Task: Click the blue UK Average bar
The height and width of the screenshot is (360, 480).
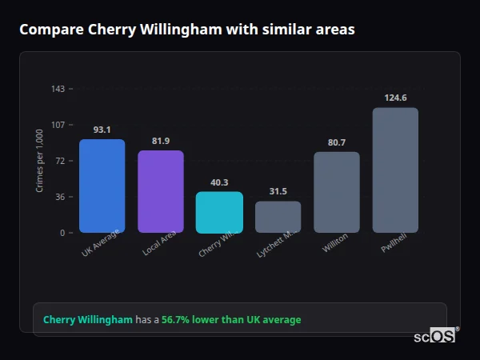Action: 102,186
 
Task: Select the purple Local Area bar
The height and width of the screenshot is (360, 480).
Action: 161,191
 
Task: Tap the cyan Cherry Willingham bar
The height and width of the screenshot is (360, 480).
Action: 219,212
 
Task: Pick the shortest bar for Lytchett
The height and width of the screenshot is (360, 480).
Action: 278,217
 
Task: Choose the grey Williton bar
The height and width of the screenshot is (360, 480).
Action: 337,192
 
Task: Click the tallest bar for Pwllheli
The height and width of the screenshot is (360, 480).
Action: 395,170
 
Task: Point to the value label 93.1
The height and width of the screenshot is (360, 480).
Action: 102,130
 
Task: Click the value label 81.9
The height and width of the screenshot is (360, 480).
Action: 161,141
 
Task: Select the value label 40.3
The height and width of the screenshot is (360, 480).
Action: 219,182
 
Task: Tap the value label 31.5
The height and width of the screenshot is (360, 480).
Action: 278,191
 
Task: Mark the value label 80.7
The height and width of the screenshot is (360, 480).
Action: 337,142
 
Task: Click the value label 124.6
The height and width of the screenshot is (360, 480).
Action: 395,98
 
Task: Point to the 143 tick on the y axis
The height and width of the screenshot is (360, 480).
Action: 58,89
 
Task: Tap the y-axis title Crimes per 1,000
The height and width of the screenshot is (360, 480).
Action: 40,161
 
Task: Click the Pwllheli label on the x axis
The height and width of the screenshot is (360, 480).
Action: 393,244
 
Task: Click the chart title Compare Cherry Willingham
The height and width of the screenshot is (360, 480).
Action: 187,30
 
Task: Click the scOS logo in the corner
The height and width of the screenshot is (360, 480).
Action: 434,336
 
